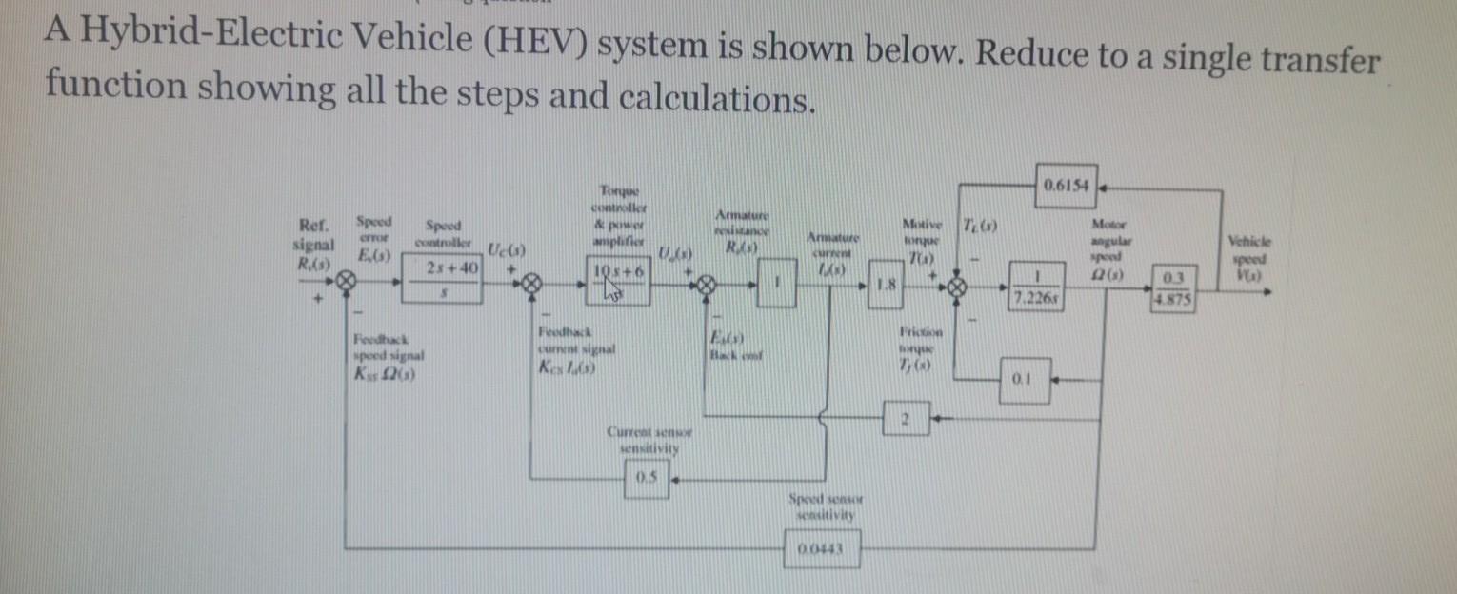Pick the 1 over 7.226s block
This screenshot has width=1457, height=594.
pos(1034,288)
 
